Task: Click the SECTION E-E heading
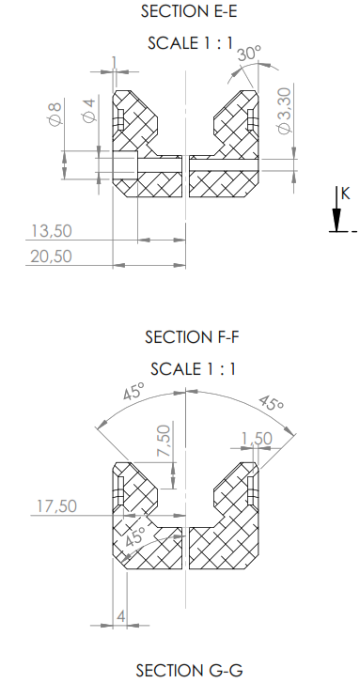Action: (x=189, y=11)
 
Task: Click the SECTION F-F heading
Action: (x=192, y=336)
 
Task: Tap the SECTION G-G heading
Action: (x=189, y=671)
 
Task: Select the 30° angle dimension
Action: (x=249, y=54)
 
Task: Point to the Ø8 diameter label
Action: (x=55, y=114)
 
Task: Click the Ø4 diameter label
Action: (x=88, y=111)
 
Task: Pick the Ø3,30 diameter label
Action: (x=284, y=111)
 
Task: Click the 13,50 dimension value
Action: (x=52, y=231)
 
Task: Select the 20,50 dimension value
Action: (x=51, y=256)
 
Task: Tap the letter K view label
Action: (x=345, y=194)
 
